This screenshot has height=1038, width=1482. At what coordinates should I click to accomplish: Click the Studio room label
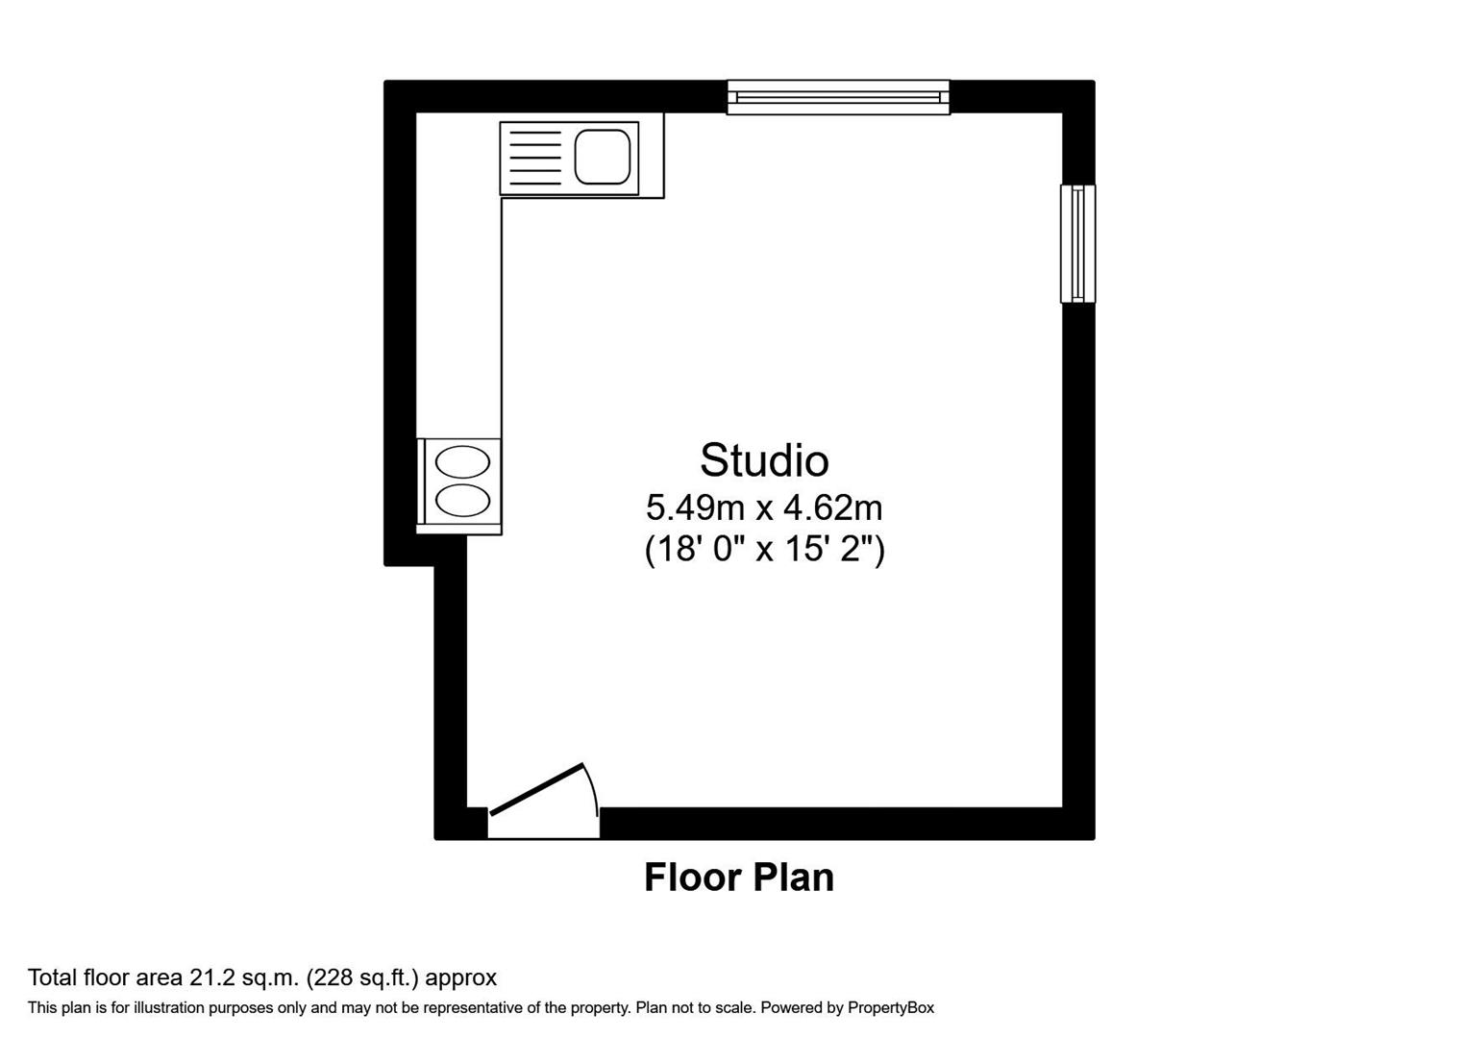pyautogui.click(x=764, y=460)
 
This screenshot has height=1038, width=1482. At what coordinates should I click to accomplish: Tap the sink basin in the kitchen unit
pyautogui.click(x=603, y=157)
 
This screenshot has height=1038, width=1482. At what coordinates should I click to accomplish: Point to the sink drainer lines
pyautogui.click(x=534, y=158)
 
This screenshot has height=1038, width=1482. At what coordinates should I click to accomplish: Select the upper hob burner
pyautogui.click(x=462, y=462)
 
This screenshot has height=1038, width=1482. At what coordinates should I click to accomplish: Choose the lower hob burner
pyautogui.click(x=462, y=500)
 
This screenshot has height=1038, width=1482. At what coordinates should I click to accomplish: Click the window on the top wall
pyautogui.click(x=838, y=97)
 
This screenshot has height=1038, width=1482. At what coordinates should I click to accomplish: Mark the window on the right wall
pyautogui.click(x=1077, y=244)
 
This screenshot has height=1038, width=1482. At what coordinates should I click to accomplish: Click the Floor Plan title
pyautogui.click(x=738, y=877)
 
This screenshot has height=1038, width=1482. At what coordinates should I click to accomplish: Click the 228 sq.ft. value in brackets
pyautogui.click(x=362, y=978)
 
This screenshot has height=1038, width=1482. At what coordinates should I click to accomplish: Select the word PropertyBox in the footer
pyautogui.click(x=891, y=1008)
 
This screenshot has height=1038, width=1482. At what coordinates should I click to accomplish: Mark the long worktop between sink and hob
pyautogui.click(x=458, y=317)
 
